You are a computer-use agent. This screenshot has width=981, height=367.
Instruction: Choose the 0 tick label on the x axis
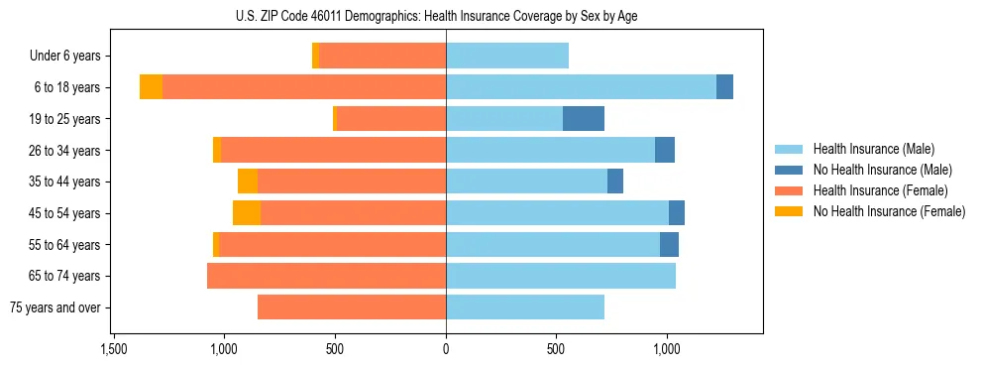(446, 349)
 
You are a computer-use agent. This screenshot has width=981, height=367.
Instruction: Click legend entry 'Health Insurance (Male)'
(873, 149)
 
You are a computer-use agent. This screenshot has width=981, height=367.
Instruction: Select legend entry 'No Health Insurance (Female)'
(889, 211)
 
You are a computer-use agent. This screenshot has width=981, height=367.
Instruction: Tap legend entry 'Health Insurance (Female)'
(880, 190)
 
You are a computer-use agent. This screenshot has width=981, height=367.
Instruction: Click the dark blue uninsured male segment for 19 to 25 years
(584, 119)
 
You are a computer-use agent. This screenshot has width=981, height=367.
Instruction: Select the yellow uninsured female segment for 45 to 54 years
(247, 213)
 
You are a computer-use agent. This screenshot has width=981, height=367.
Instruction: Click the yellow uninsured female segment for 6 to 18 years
(151, 87)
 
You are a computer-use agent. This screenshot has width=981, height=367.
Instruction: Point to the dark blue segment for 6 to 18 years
(724, 87)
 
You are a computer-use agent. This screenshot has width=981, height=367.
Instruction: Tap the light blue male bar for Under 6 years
(507, 57)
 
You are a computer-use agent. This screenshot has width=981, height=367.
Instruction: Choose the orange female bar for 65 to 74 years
(327, 276)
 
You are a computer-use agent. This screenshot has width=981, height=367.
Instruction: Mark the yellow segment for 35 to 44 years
(248, 182)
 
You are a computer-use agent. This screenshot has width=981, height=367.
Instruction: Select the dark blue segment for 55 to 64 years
(669, 244)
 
